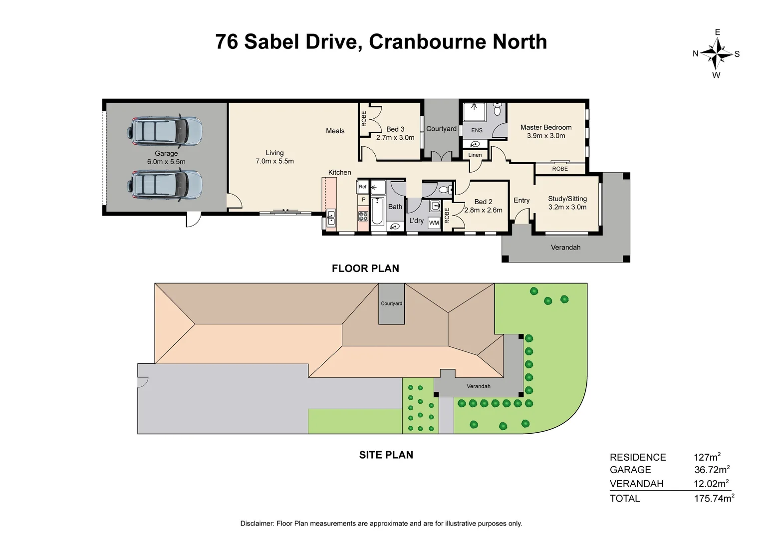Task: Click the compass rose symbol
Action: coord(716,54)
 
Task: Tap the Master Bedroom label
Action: coord(545,127)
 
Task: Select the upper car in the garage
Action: coord(164,130)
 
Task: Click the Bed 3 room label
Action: coord(395,129)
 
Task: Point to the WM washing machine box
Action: coord(434,223)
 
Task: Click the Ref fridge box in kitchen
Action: coord(363,187)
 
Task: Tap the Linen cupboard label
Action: coord(475,155)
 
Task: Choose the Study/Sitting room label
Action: coord(567,199)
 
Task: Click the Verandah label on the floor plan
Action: coord(565,247)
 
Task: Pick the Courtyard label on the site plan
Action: coord(391,303)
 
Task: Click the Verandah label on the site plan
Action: coord(478,386)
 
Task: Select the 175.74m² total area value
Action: coord(714,498)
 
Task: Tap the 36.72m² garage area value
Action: coord(712,470)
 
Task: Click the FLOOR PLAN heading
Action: coord(365,269)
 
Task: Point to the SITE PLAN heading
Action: coord(386,455)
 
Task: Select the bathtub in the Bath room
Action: coord(377,212)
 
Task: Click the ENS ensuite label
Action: coord(477,130)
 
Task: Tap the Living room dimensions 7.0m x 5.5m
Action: coord(274,161)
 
